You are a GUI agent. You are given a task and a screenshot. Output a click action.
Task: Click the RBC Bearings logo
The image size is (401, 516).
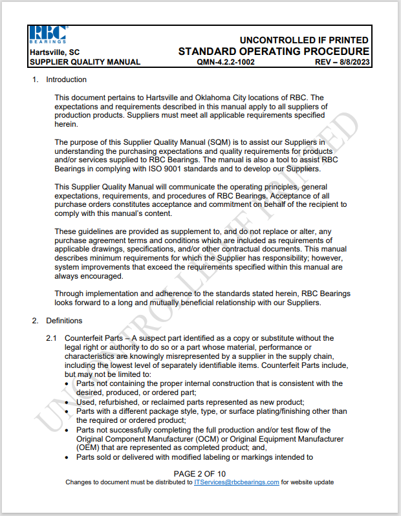47,35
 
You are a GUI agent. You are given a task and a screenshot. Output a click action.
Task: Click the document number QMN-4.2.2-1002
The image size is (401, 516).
229,62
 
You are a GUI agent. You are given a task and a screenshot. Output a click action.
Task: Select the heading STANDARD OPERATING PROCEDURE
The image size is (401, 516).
274,51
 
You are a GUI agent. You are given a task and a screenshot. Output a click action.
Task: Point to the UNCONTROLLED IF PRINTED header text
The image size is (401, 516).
304,40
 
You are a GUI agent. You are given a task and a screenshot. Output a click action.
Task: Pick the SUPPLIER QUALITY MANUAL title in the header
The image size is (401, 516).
85,62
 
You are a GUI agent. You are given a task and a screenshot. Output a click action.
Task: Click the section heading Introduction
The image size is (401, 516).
66,80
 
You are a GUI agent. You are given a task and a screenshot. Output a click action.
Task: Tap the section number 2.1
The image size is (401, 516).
52,338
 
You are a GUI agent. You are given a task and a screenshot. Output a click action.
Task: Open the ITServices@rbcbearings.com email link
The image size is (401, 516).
237,482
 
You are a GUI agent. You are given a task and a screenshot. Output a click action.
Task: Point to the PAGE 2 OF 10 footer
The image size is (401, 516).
200,473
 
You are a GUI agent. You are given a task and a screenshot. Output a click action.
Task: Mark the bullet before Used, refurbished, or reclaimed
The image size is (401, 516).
69,402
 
